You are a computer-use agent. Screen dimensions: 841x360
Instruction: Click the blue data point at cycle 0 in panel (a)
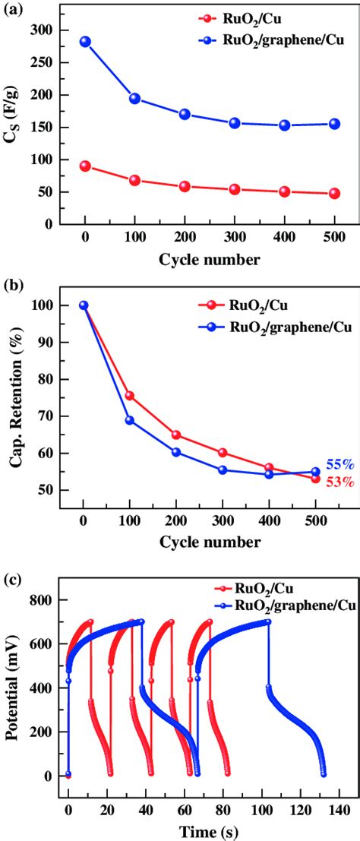click(x=85, y=42)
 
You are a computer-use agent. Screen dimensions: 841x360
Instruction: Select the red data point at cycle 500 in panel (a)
click(x=334, y=194)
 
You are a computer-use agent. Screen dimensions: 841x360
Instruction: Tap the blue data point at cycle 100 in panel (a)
click(x=134, y=98)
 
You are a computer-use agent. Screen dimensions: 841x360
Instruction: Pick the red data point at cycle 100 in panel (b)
click(x=129, y=396)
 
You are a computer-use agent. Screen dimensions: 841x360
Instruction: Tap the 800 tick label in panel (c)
click(x=48, y=599)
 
